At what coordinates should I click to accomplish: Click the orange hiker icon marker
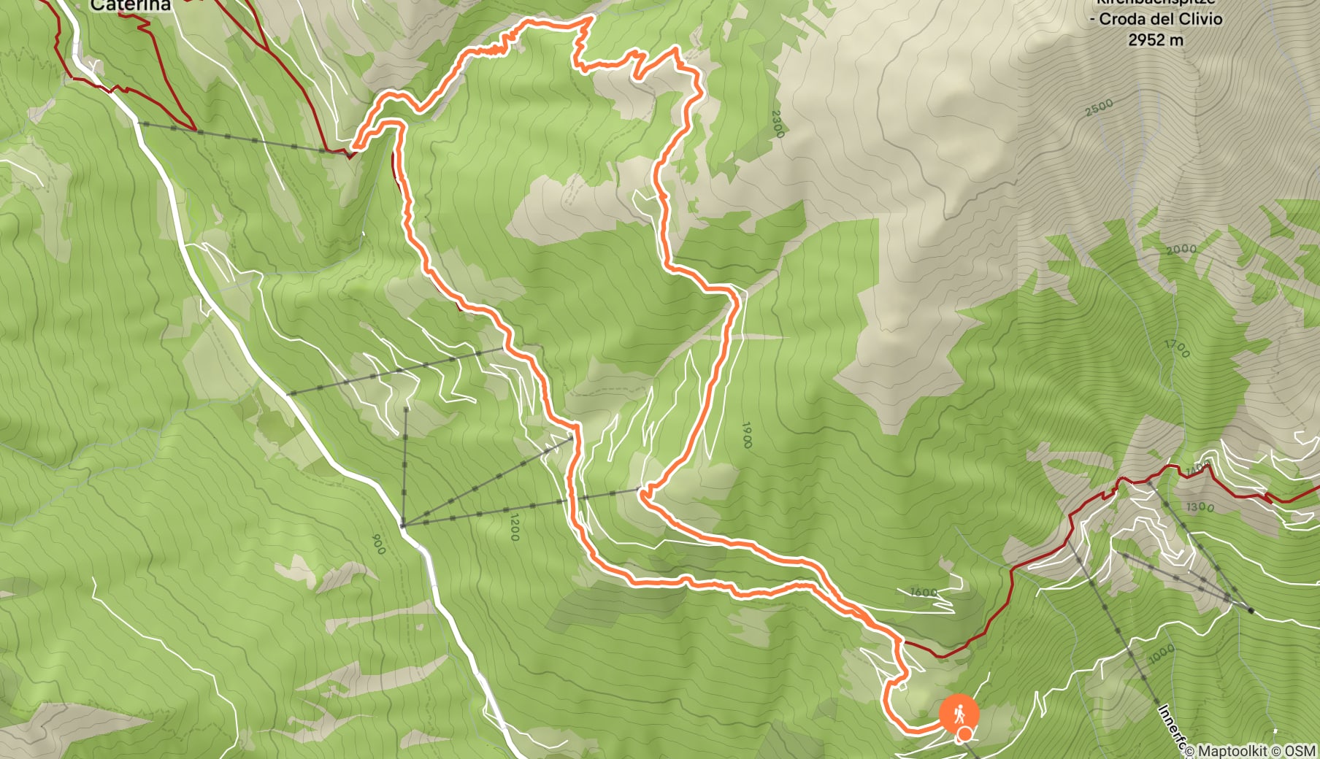coord(959,712)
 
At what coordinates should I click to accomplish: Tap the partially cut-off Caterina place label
coord(131,6)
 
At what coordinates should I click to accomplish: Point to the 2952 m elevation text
coord(1156,40)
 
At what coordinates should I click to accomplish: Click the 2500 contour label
coord(1099,107)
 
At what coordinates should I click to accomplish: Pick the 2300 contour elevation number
coord(777,124)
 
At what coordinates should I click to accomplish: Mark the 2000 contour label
coord(1181,250)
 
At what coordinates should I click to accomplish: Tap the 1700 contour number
coord(1177,349)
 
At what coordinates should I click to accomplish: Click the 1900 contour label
coord(746,434)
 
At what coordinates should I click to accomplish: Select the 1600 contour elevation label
coord(924,592)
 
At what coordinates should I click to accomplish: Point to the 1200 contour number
coord(514,527)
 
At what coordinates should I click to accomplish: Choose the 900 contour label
coord(378,544)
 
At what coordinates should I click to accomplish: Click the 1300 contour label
coord(1200,506)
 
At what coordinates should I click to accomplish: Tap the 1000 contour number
coord(1162,653)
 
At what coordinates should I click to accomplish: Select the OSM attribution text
coord(1300,750)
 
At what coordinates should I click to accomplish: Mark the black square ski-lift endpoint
coord(1251,610)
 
